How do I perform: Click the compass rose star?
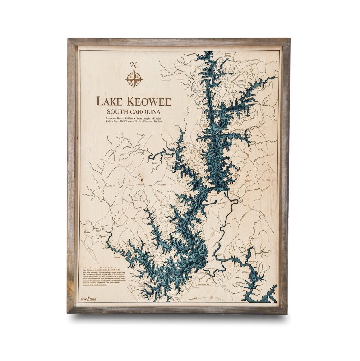[134, 79]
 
